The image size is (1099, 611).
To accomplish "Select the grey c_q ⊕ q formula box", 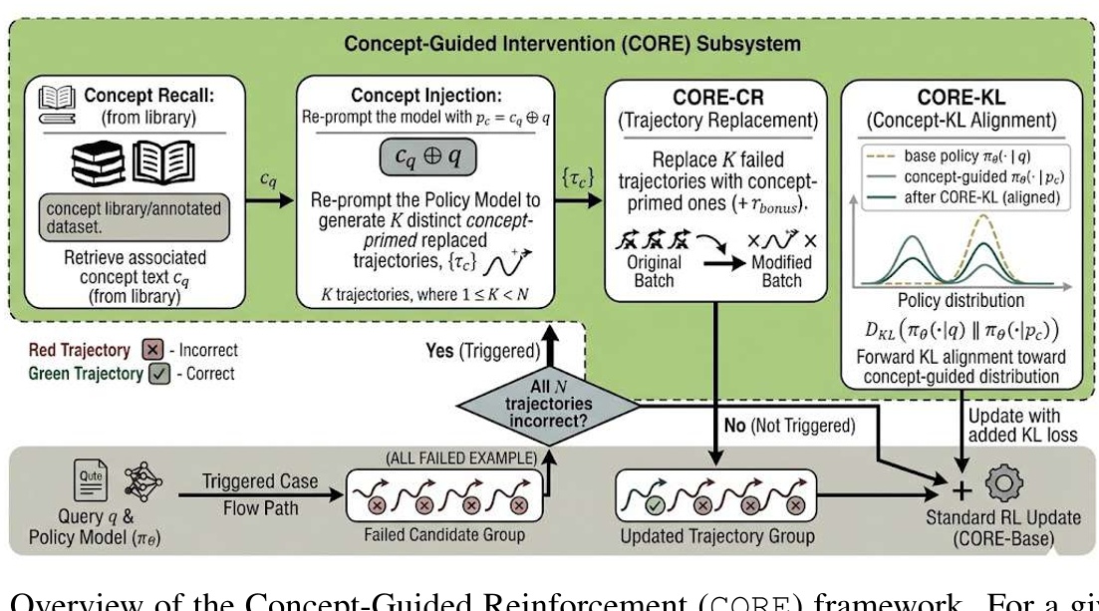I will (426, 155).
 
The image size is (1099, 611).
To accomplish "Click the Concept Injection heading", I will (426, 96).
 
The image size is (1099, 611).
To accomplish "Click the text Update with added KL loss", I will (1015, 424).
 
